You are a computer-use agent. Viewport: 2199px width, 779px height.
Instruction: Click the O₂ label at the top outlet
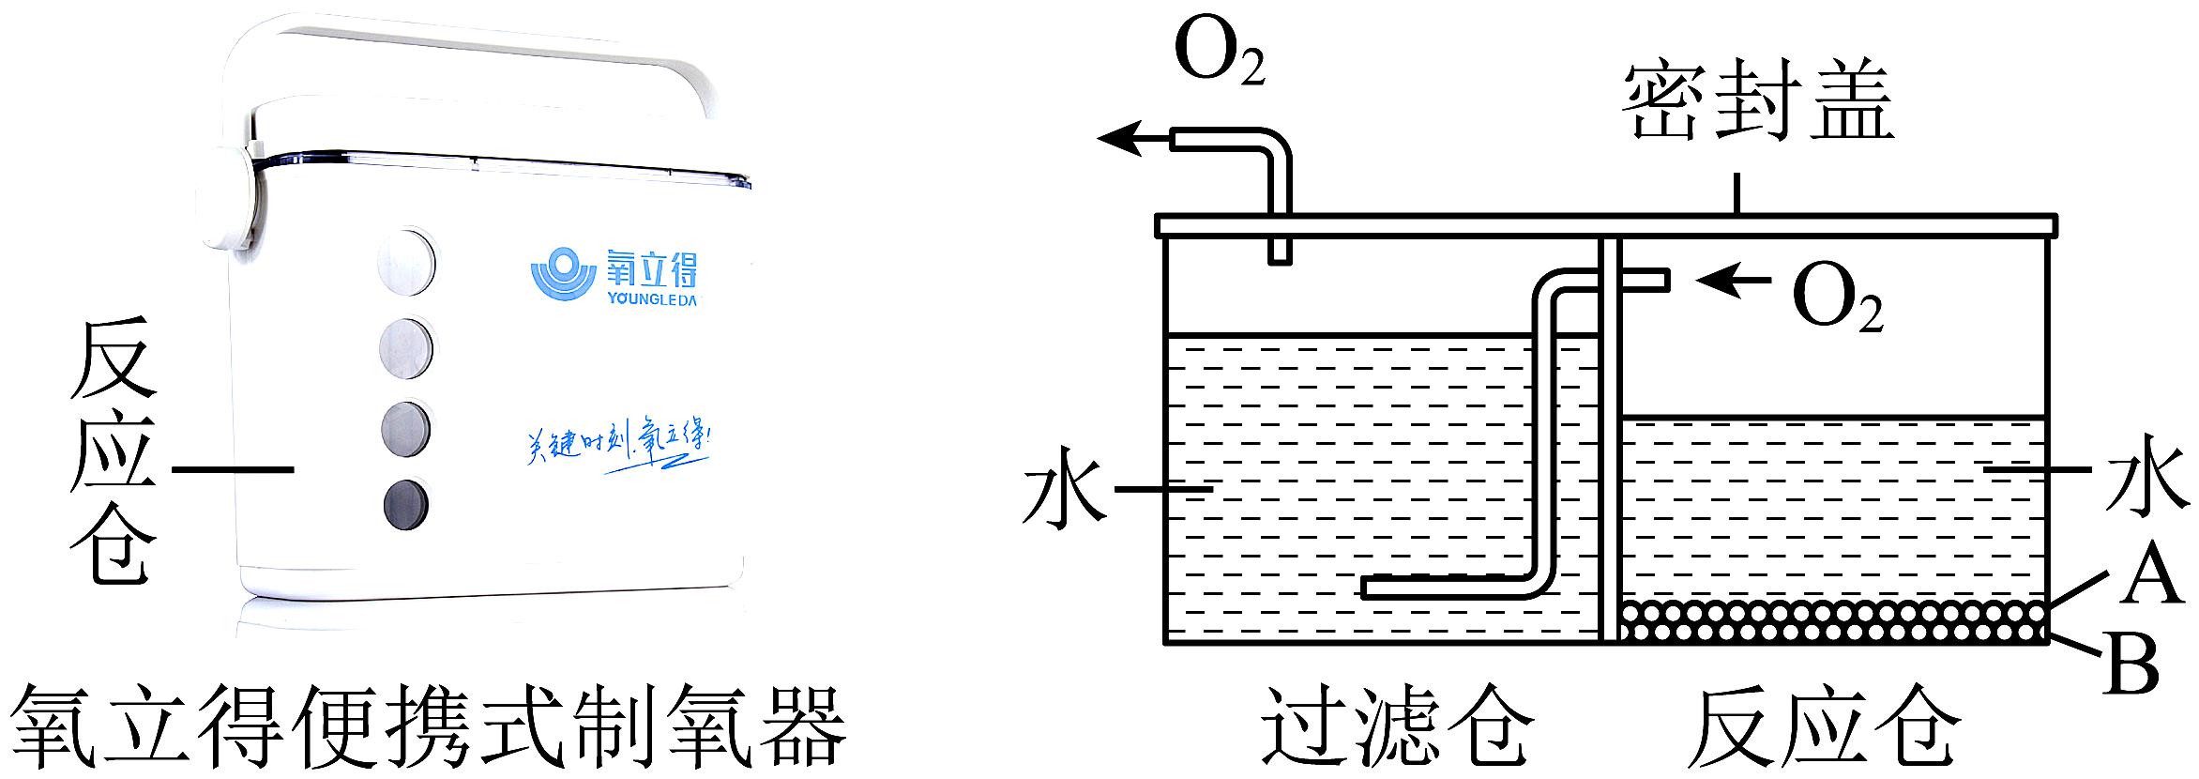pos(1219,56)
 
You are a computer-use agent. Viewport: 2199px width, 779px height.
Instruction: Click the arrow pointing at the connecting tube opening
pos(1732,279)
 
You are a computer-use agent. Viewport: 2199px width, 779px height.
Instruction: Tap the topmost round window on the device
pos(407,260)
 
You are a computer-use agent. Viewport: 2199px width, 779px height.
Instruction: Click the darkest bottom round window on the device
pos(406,506)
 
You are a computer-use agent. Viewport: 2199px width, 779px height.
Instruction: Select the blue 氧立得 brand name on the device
pos(651,269)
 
